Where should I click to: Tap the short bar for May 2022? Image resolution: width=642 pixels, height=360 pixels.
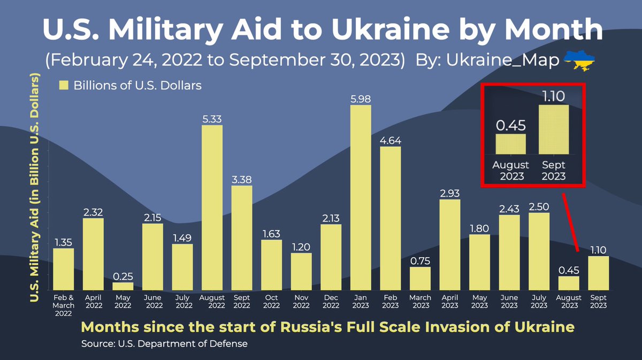pyautogui.click(x=123, y=286)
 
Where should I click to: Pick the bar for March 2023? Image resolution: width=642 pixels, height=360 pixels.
pyautogui.click(x=421, y=278)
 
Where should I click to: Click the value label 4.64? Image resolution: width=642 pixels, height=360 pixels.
pyautogui.click(x=391, y=141)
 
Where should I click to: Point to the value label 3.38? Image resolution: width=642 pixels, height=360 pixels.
pyautogui.click(x=242, y=180)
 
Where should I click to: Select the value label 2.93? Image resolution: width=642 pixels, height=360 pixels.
pyautogui.click(x=450, y=194)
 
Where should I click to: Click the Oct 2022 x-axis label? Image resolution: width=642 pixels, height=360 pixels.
pyautogui.click(x=272, y=301)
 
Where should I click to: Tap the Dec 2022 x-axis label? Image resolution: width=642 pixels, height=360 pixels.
pyautogui.click(x=331, y=301)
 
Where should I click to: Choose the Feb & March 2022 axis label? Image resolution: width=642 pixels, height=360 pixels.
pyautogui.click(x=64, y=304)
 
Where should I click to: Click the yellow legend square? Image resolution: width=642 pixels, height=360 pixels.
pyautogui.click(x=64, y=85)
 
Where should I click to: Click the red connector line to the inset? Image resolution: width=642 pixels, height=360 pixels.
pyautogui.click(x=570, y=219)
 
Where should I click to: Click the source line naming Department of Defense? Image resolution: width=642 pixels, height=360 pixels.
pyautogui.click(x=164, y=343)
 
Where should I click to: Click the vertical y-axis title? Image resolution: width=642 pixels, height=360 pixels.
pyautogui.click(x=36, y=187)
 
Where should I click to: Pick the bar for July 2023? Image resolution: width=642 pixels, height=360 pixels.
pyautogui.click(x=539, y=251)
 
